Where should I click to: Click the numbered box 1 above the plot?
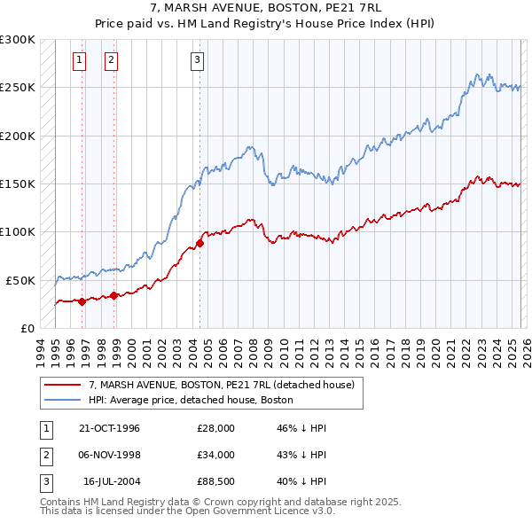pyautogui.click(x=80, y=60)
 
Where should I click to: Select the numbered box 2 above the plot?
pyautogui.click(x=111, y=60)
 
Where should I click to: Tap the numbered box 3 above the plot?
pyautogui.click(x=196, y=60)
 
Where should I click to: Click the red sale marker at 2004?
pyautogui.click(x=200, y=243)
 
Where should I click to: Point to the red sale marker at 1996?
pyautogui.click(x=82, y=301)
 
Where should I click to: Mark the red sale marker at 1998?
pyautogui.click(x=114, y=295)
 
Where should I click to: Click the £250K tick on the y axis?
pyautogui.click(x=18, y=88)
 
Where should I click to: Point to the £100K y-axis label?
pyautogui.click(x=18, y=232)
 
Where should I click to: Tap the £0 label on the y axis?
pyautogui.click(x=27, y=328)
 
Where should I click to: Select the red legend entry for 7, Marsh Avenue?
pyautogui.click(x=221, y=385)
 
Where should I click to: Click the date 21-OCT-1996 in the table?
pyautogui.click(x=110, y=428)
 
